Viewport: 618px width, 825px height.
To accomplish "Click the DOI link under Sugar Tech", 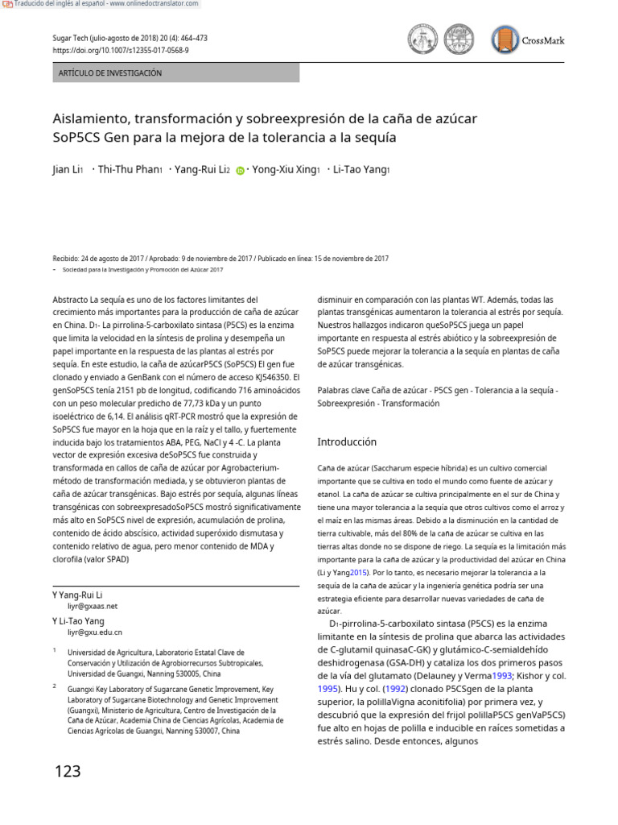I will pos(120,50).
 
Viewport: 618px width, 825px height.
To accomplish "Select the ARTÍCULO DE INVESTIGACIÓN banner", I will pos(175,73).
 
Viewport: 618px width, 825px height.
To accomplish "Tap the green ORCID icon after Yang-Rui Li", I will pos(240,171).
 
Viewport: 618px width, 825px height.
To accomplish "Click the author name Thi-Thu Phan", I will pos(128,170).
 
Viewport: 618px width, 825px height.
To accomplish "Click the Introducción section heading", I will pos(347,442).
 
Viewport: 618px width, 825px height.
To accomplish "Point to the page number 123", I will pos(68,772).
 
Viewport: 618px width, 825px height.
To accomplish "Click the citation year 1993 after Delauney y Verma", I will pos(502,677).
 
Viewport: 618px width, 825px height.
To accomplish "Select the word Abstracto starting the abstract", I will pos(69,299).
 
